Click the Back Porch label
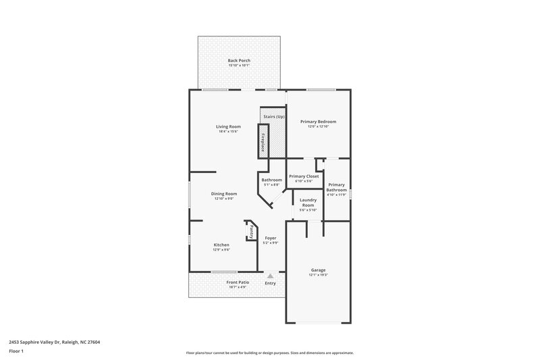239,61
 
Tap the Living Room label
228,126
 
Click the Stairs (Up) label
274,118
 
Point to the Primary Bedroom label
318,122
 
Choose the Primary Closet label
304,176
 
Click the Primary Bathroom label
336,187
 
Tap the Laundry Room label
308,201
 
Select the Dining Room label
223,194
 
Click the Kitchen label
221,245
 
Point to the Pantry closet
250,232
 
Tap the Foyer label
270,238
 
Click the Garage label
318,269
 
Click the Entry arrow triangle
270,276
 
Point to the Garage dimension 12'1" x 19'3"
318,274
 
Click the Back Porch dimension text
239,66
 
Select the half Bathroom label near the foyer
271,180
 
